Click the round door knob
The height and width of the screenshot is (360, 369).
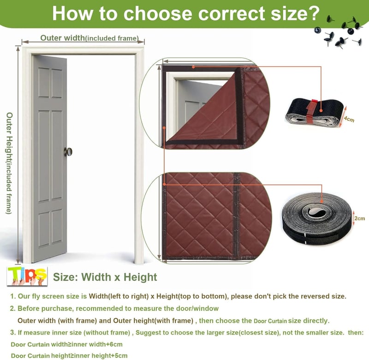click(68, 152)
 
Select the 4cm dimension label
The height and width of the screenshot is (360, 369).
click(349, 119)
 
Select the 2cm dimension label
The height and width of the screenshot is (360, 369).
click(360, 218)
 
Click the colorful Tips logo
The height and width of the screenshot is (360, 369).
click(27, 276)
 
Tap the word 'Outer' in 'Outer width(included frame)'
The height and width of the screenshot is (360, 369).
click(51, 38)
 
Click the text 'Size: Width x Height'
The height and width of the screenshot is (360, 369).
click(105, 277)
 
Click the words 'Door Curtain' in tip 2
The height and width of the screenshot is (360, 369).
click(270, 321)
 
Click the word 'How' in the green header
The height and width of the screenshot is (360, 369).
click(72, 13)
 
